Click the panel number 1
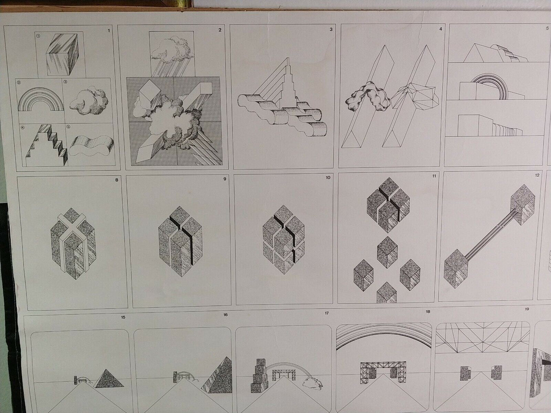pos(108,31)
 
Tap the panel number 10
pos(328,178)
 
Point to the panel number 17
pos(326,313)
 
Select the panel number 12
pos(537,175)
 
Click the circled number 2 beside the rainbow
pos(19,82)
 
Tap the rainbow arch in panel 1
pos(41,99)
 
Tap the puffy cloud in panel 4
pos(368,96)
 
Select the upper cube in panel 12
pos(523,204)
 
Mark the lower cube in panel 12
pos(456,269)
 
